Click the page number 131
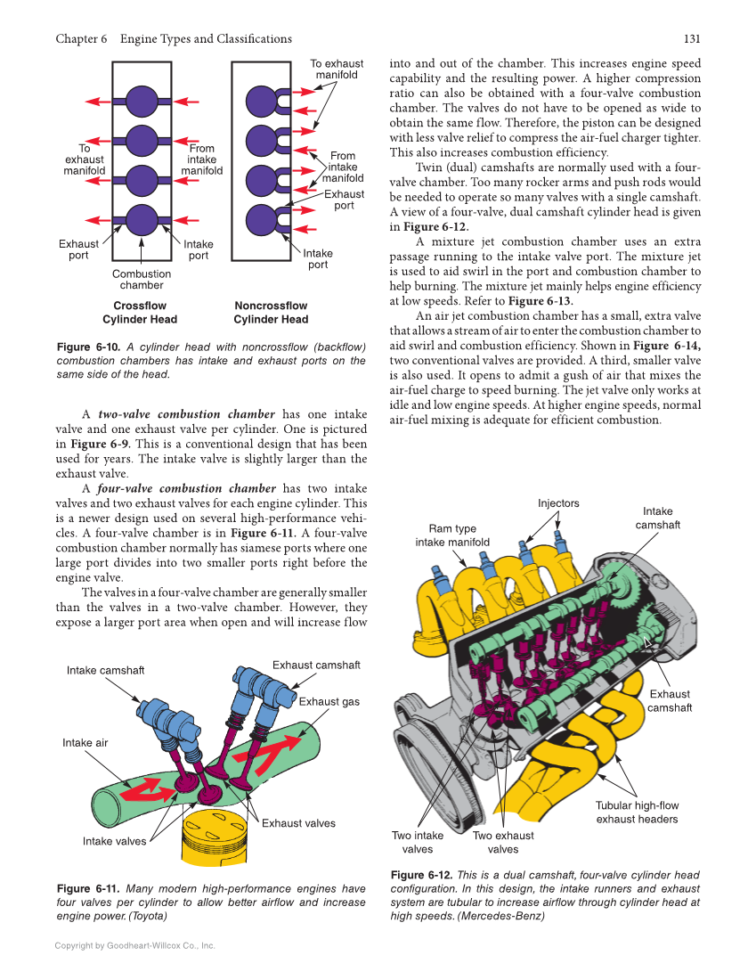pos(692,39)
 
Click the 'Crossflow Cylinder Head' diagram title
pos(140,313)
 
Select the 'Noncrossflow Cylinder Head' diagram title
pos(271,313)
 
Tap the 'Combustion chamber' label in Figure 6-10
pos(142,280)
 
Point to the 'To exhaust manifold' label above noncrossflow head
pos(337,69)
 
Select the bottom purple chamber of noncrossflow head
pos(261,218)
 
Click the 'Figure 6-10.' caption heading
pos(85,347)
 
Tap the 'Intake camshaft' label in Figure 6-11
pos(105,670)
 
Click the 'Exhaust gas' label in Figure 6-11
pos(329,701)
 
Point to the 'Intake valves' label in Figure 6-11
pos(114,841)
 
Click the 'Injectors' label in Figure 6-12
pos(558,503)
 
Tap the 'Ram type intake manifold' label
pos(452,535)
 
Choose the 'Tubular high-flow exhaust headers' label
pos(637,813)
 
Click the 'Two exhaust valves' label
pos(503,842)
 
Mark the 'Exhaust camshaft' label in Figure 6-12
pos(669,700)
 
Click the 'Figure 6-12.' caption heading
pos(421,876)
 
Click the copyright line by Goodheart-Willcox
pos(134,945)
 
